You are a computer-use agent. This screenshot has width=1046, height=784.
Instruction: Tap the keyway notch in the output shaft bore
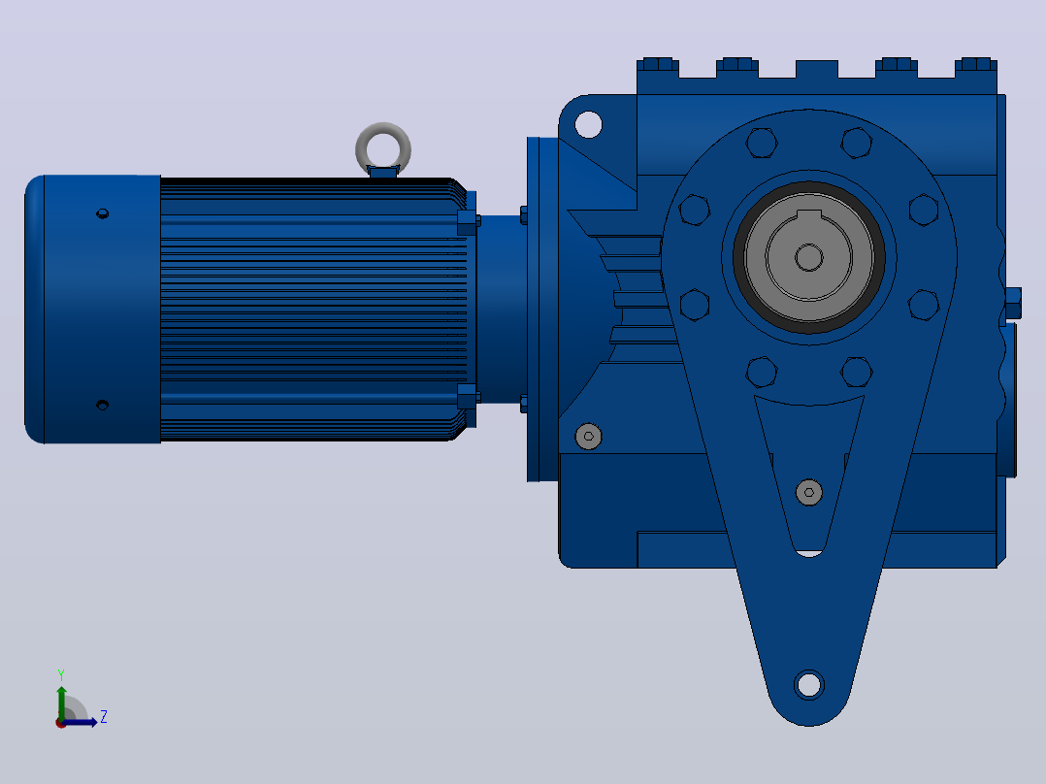point(809,215)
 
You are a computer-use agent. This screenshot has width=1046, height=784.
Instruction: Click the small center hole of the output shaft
point(809,257)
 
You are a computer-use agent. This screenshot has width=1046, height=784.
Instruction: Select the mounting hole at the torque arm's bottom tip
point(809,685)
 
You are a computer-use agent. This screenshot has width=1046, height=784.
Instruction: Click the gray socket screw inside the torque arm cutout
point(809,492)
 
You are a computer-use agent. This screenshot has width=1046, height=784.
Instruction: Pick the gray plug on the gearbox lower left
point(588,437)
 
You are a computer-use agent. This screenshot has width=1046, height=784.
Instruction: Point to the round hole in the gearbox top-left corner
point(588,125)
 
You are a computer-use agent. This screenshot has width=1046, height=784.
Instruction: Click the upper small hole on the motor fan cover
point(102,213)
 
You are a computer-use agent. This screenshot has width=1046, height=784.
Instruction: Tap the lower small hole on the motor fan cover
point(102,405)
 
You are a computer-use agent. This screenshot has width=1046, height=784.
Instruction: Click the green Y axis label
point(61,674)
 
